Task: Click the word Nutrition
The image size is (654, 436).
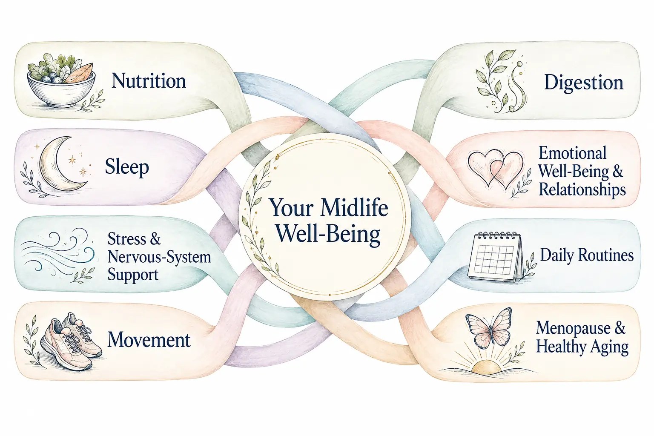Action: (x=149, y=81)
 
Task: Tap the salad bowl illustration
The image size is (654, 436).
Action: (x=62, y=80)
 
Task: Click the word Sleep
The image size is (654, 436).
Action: (x=127, y=167)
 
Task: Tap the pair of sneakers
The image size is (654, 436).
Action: (x=71, y=341)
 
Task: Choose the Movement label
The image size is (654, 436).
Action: (x=149, y=340)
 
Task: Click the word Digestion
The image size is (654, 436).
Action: (x=584, y=83)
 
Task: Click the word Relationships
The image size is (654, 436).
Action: (x=582, y=189)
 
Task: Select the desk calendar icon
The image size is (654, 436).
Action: (x=495, y=257)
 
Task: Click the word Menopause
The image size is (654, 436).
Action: (x=573, y=328)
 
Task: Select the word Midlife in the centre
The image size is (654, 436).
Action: (x=354, y=207)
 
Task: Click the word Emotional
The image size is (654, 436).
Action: (x=573, y=153)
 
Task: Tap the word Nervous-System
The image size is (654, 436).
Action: (x=159, y=257)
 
